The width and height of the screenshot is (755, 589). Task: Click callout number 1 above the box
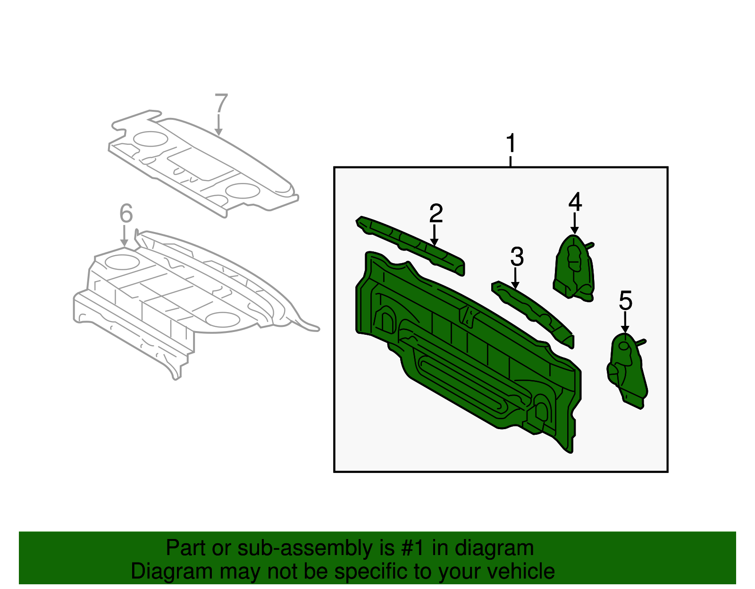(x=511, y=144)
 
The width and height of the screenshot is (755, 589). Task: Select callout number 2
(x=436, y=214)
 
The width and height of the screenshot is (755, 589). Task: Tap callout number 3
(x=517, y=257)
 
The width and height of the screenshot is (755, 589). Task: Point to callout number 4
(x=575, y=202)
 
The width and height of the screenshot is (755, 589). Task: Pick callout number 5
(x=625, y=301)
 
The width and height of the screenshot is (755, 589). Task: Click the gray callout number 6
(x=126, y=214)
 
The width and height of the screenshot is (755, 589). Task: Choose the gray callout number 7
(x=221, y=104)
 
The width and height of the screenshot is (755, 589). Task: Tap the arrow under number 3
(x=516, y=278)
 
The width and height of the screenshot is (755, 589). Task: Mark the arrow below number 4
(x=574, y=224)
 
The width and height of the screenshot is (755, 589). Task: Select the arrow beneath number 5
(x=625, y=323)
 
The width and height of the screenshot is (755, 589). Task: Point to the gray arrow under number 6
(x=124, y=236)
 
